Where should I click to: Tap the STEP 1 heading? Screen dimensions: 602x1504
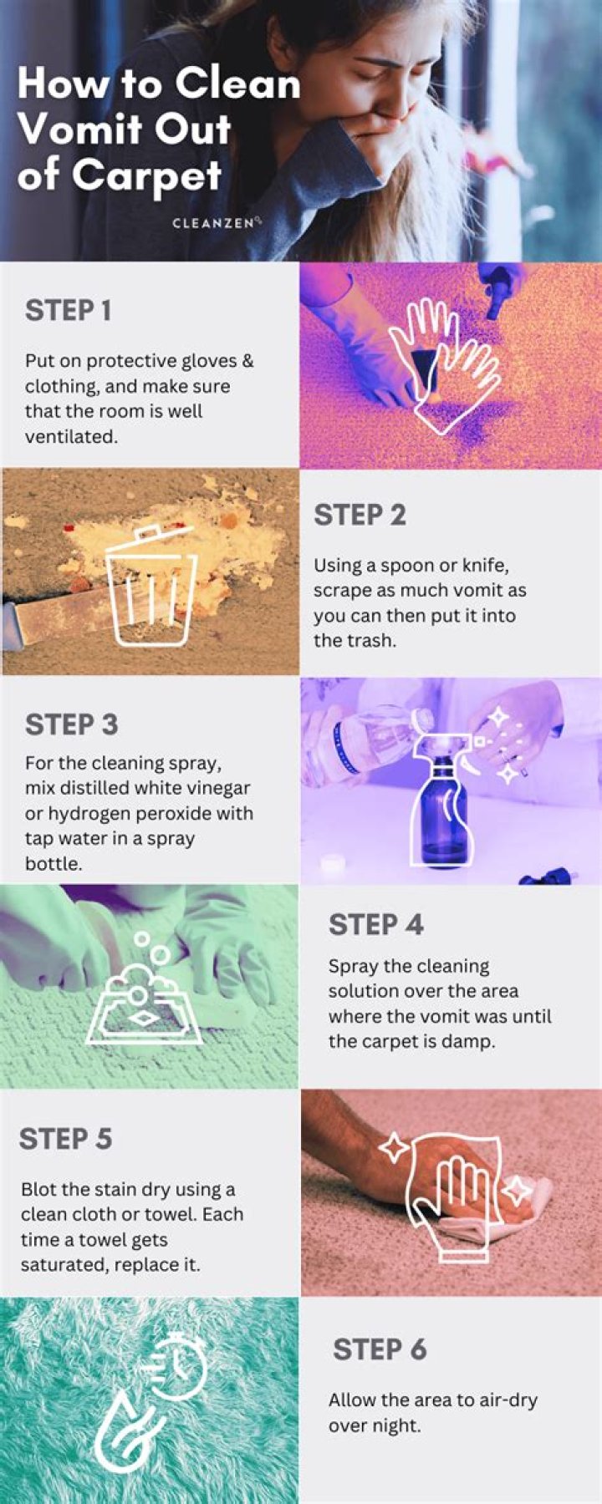tap(68, 310)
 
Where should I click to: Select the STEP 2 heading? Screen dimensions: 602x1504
tap(360, 515)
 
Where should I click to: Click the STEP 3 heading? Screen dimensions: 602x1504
tap(71, 724)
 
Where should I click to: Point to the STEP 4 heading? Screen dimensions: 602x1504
tap(375, 924)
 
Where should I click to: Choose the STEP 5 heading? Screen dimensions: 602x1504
tap(65, 1138)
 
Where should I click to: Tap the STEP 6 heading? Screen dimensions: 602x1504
tap(380, 1349)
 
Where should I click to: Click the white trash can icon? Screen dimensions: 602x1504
tap(152, 586)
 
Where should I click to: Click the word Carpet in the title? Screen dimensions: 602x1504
tap(146, 175)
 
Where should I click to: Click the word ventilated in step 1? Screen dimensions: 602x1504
tap(71, 436)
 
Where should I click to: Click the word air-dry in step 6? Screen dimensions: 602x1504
tap(502, 1400)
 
